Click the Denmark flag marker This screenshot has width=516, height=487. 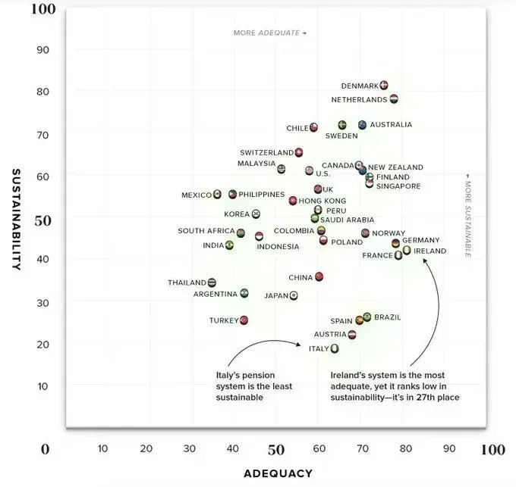pos(384,86)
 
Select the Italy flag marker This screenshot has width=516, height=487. pos(335,348)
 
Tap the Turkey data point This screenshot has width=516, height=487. pos(244,320)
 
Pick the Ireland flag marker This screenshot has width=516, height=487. pos(407,250)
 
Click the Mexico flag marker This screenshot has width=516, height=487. pos(217,194)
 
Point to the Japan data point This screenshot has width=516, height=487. pos(294,295)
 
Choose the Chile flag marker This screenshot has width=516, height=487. pos(313,127)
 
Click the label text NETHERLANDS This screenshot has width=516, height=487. pos(359,99)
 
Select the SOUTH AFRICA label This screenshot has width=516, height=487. pos(206,231)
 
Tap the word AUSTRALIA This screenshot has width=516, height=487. pos(391,124)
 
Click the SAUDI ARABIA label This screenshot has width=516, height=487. pos(348,220)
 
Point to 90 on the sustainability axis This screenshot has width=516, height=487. pos(42,50)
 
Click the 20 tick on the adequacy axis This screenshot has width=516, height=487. pos(146,448)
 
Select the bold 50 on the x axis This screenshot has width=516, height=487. pos(275,450)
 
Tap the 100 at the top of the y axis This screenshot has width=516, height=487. pos(43,9)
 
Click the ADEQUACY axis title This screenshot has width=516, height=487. pos(278,473)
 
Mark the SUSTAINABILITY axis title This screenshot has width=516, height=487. pos(16,220)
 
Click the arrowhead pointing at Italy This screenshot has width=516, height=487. pos(298,344)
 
